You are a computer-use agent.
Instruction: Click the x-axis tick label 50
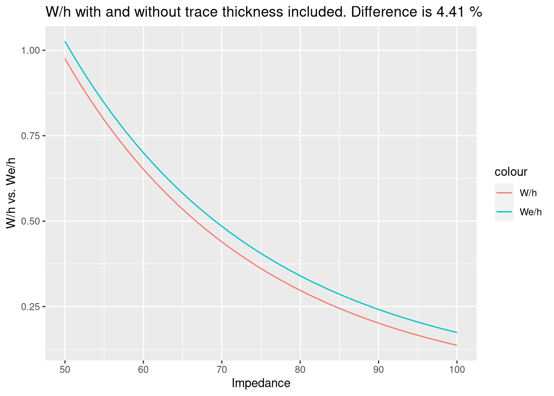pyautogui.click(x=65, y=370)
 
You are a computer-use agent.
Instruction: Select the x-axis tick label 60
pyautogui.click(x=143, y=370)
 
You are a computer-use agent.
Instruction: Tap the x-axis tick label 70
pyautogui.click(x=222, y=370)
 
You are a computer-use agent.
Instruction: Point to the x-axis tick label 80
pyautogui.click(x=300, y=370)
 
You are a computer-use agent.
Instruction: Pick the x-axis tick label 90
pyautogui.click(x=378, y=370)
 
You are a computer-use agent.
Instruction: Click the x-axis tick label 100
pyautogui.click(x=457, y=370)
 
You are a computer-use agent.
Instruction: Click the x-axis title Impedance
pyautogui.click(x=261, y=383)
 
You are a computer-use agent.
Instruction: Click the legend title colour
pyautogui.click(x=511, y=172)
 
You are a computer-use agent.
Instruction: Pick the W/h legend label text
pyautogui.click(x=528, y=193)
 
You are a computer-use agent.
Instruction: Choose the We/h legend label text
pyautogui.click(x=531, y=212)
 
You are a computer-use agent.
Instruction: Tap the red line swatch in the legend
pyautogui.click(x=504, y=193)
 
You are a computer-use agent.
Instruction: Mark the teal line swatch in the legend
pyautogui.click(x=504, y=212)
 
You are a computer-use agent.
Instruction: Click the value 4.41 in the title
pyautogui.click(x=449, y=12)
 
